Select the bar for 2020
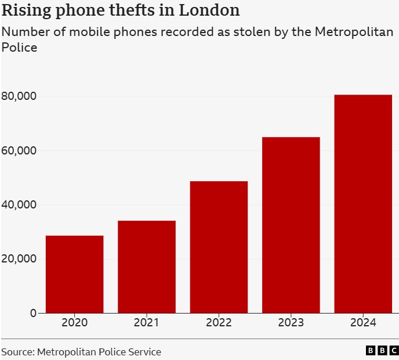pyautogui.click(x=74, y=274)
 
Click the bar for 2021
pyautogui.click(x=146, y=267)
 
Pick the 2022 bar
pyautogui.click(x=219, y=247)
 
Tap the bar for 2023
pyautogui.click(x=291, y=225)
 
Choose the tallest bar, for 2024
pyautogui.click(x=363, y=203)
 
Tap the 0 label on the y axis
pyautogui.click(x=33, y=313)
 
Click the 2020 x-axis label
pyautogui.click(x=74, y=323)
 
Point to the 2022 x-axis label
pyautogui.click(x=219, y=323)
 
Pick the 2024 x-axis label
pyautogui.click(x=363, y=323)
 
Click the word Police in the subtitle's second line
pyautogui.click(x=19, y=47)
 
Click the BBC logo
pyautogui.click(x=382, y=350)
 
